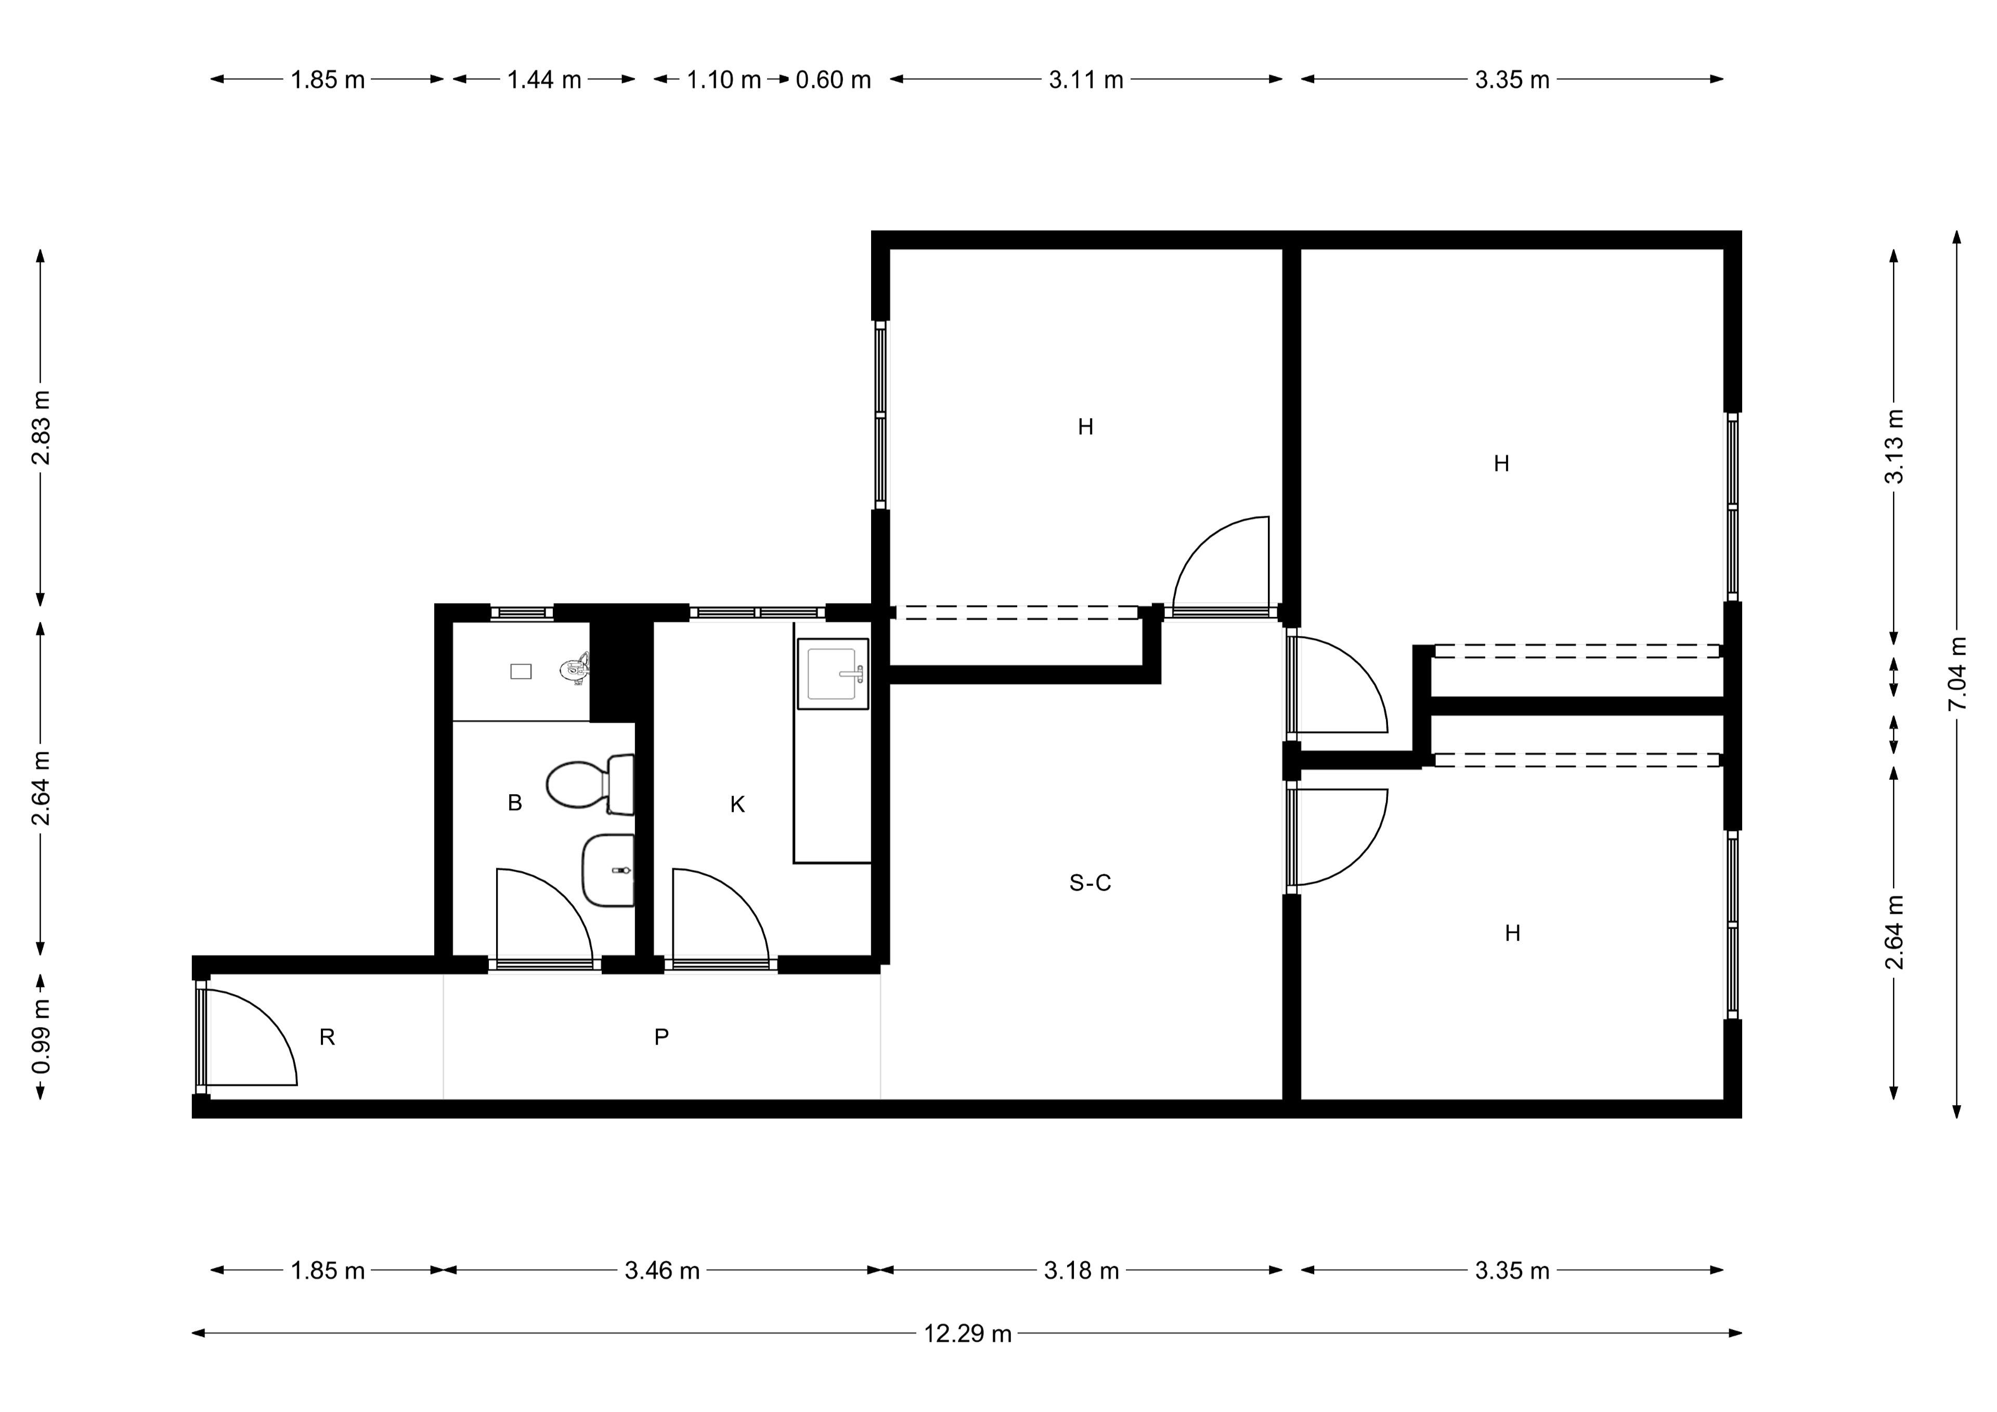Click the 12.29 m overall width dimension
[967, 1333]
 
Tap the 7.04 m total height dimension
[1957, 674]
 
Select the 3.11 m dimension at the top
[1085, 80]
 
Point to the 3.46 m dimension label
[662, 1271]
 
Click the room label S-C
[1090, 883]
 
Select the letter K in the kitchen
[737, 805]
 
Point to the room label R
[327, 1037]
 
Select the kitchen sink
[833, 673]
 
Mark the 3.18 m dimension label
[1081, 1271]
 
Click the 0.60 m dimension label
[833, 80]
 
